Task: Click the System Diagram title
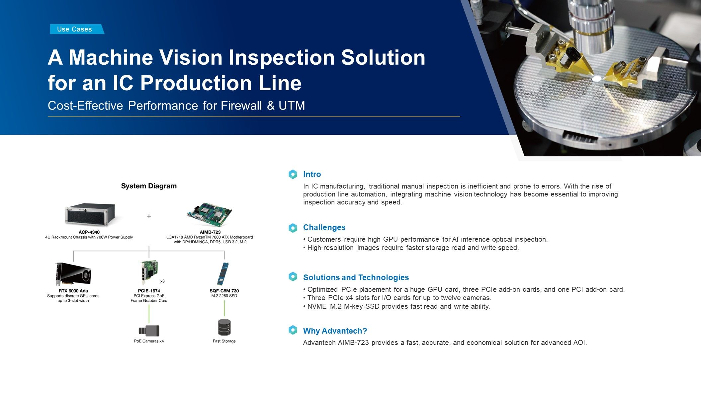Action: click(149, 186)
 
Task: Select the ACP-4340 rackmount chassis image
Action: click(90, 214)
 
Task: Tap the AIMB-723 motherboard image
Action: click(210, 215)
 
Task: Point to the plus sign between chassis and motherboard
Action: click(149, 216)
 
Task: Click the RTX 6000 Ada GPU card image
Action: click(73, 274)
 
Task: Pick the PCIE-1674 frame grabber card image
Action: click(148, 272)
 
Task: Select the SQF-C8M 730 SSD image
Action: click(224, 274)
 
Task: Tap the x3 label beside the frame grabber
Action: click(162, 281)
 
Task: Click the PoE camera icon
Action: click(149, 331)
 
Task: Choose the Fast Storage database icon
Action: click(224, 327)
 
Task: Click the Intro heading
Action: click(312, 174)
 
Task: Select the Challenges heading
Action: click(324, 227)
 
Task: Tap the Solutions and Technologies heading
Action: click(356, 277)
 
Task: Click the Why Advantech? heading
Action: click(335, 331)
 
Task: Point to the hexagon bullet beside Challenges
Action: click(293, 228)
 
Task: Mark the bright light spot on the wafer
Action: click(597, 79)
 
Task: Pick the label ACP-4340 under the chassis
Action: click(89, 232)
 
